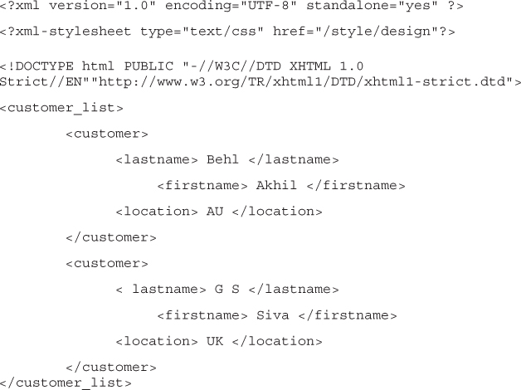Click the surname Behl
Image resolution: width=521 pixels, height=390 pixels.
222,159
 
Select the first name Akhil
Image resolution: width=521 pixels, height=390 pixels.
276,185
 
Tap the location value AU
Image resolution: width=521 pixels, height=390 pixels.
215,212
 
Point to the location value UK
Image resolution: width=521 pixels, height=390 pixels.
215,341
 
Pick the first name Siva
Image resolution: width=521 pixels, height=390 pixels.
272,315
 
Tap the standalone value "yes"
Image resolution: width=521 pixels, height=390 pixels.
417,6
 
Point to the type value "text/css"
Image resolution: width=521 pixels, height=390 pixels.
222,32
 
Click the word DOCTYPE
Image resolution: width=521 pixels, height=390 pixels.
45,66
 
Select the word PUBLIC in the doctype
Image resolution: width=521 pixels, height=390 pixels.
149,66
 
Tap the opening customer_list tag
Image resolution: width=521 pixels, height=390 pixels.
61,108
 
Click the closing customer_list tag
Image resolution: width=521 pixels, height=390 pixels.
66,383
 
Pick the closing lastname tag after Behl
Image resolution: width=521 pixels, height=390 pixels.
294,159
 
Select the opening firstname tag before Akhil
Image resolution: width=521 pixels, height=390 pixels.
202,185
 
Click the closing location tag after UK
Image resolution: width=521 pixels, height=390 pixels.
277,341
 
